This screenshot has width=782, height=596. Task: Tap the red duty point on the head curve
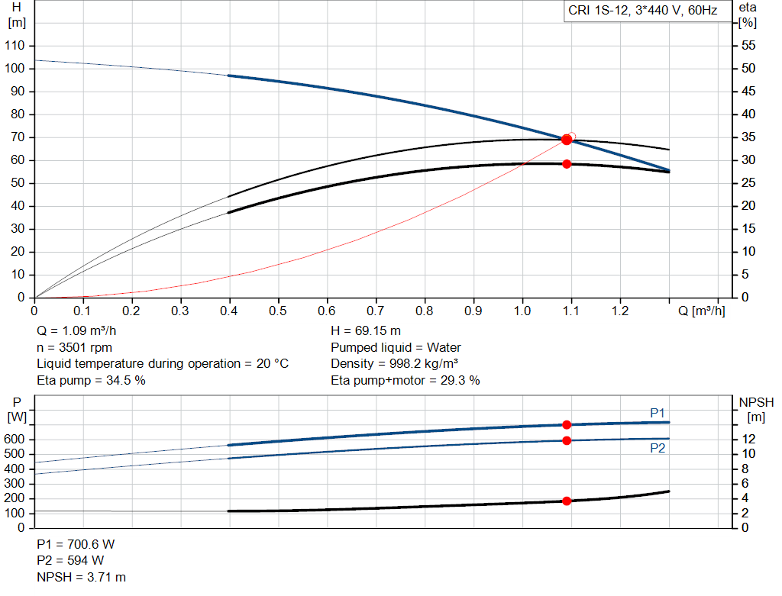point(567,140)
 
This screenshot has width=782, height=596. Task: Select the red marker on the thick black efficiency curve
point(567,164)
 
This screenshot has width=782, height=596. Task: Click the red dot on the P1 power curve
point(567,424)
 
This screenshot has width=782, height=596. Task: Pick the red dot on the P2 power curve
point(567,440)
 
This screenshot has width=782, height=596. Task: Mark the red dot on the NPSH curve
point(567,501)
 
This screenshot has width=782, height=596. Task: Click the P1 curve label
point(658,413)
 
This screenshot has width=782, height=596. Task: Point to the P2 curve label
point(658,448)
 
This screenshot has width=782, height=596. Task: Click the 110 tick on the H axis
point(15,45)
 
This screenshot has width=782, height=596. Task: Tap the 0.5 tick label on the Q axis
point(278,311)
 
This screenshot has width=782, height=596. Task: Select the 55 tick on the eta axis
point(748,45)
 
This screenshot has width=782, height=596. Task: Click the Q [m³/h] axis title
point(702,311)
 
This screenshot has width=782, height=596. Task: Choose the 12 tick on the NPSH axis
point(748,439)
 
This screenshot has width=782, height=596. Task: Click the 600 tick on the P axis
point(14,439)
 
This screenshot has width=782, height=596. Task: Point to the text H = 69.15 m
point(366,330)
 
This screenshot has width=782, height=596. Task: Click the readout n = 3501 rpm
point(74,347)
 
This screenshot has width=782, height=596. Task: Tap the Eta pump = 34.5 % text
point(92,380)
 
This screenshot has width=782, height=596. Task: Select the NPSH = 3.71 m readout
point(81,577)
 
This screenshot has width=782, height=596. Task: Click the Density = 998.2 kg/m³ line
point(395,363)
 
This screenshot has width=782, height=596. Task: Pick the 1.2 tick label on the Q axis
point(620,311)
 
